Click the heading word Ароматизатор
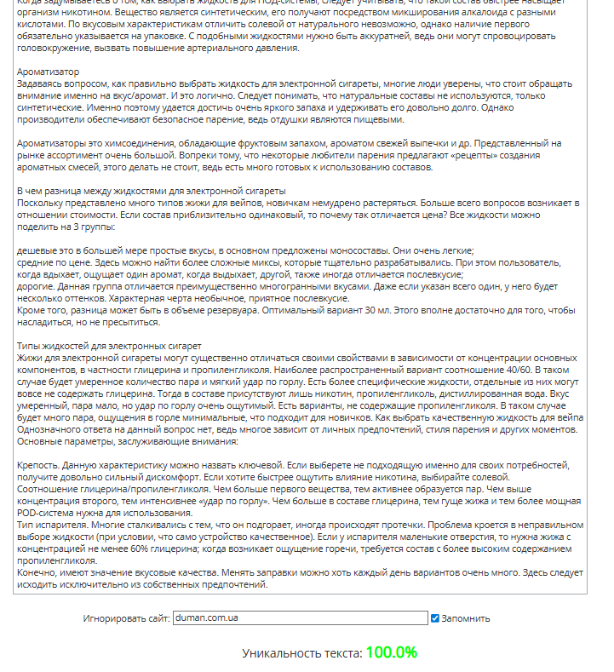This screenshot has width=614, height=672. coord(48,72)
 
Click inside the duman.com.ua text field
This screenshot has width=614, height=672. coord(300,618)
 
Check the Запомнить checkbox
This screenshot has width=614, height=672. coord(435,618)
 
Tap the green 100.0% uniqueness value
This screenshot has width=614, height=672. coord(392,653)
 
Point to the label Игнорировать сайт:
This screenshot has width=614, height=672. coord(125,618)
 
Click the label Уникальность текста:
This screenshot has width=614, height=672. coord(301,654)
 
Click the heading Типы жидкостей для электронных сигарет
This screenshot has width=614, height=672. coord(109,347)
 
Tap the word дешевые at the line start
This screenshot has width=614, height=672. coord(38,251)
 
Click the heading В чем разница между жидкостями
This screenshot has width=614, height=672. coord(152,192)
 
